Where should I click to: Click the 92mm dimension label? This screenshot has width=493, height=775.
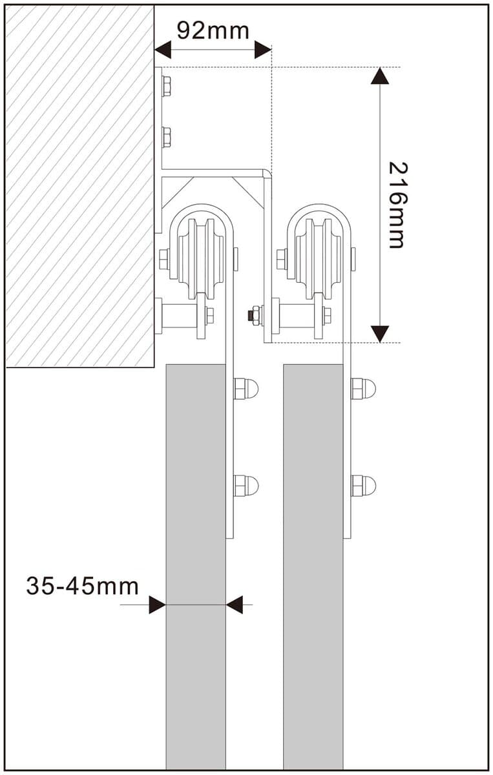pyautogui.click(x=212, y=30)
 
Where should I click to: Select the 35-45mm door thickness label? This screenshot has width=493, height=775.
pyautogui.click(x=82, y=586)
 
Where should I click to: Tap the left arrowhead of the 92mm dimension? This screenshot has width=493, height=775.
pyautogui.click(x=162, y=50)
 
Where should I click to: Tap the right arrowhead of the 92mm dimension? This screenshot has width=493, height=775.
pyautogui.click(x=262, y=50)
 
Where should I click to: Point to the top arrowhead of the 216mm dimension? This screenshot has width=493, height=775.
pyautogui.click(x=380, y=76)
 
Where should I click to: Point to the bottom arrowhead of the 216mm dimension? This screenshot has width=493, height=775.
pyautogui.click(x=380, y=333)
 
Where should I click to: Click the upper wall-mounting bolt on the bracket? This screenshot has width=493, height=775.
pyautogui.click(x=166, y=85)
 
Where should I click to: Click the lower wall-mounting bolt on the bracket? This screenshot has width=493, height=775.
pyautogui.click(x=166, y=137)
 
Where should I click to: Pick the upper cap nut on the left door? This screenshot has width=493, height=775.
pyautogui.click(x=246, y=389)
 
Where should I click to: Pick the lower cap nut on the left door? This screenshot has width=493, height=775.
pyautogui.click(x=246, y=485)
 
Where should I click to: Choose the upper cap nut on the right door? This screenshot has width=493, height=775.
pyautogui.click(x=363, y=389)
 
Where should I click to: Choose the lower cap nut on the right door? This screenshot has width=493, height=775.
pyautogui.click(x=363, y=485)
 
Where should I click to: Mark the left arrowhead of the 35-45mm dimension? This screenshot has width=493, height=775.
pyautogui.click(x=157, y=605)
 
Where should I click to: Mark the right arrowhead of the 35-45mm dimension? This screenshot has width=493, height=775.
pyautogui.click(x=235, y=605)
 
